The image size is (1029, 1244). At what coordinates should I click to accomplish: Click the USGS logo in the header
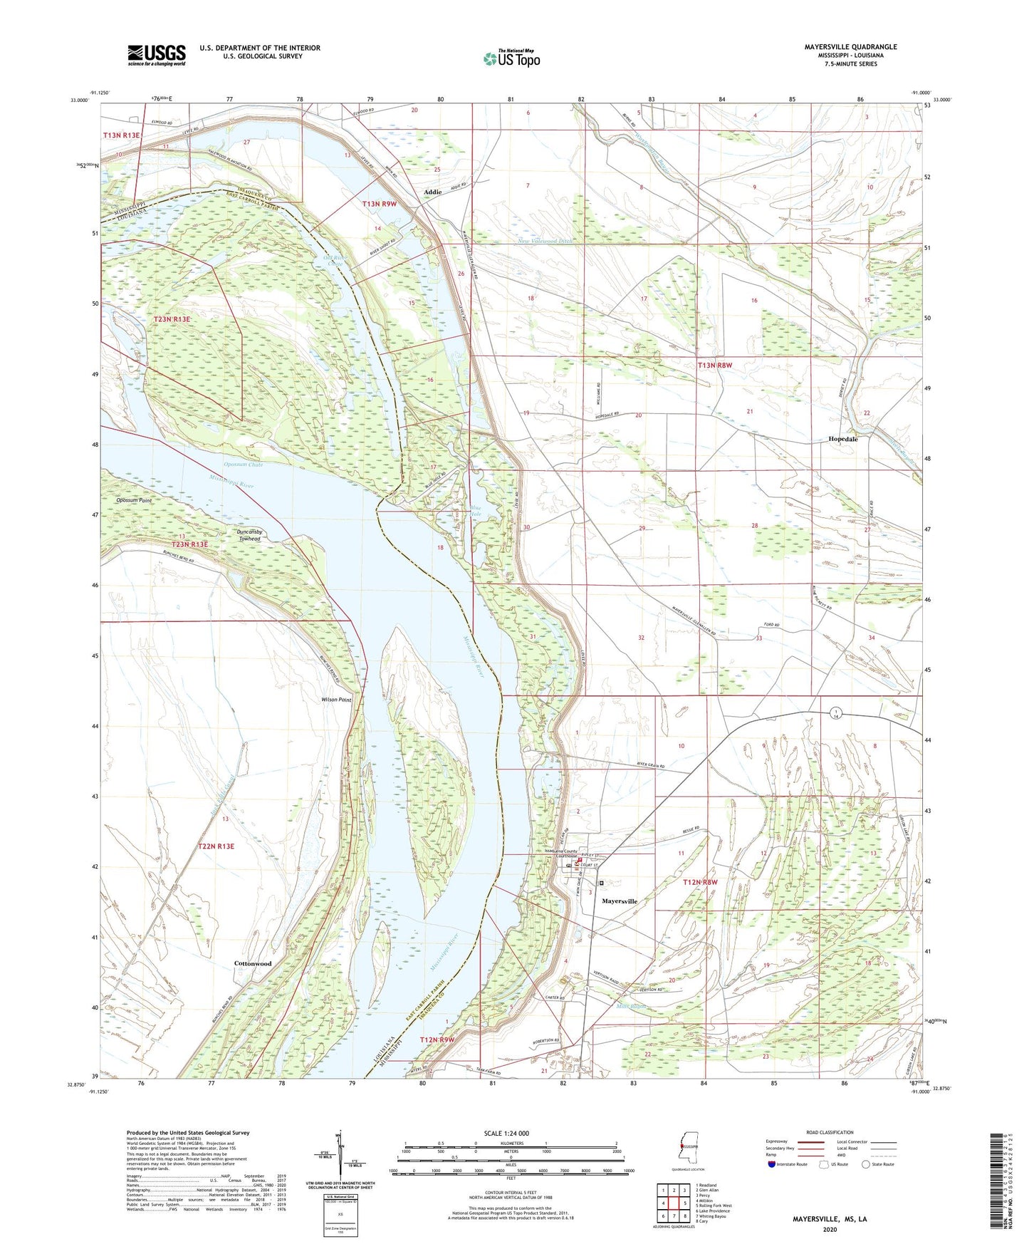click(x=157, y=55)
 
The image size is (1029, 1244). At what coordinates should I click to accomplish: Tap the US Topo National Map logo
click(x=511, y=58)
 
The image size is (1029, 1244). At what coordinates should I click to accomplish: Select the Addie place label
click(x=432, y=192)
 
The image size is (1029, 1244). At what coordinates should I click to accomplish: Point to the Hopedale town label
click(x=842, y=440)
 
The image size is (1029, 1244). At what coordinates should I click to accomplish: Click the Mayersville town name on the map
click(x=619, y=901)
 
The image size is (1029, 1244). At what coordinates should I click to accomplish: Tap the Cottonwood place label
click(x=253, y=963)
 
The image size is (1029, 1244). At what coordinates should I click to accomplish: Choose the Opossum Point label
click(x=134, y=501)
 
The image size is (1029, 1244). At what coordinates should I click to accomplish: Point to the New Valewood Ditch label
click(x=545, y=242)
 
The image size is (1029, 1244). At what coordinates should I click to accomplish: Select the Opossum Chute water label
click(x=244, y=465)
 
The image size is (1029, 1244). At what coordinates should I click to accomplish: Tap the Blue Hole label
click(x=475, y=511)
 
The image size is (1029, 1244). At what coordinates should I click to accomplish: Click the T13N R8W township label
click(x=714, y=366)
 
